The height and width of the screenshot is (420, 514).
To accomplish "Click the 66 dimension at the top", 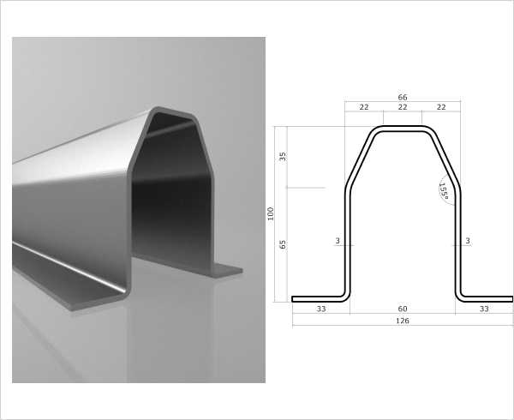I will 403,98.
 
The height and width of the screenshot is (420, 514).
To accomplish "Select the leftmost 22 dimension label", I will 364,106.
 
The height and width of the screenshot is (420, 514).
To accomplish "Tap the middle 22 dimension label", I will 403,106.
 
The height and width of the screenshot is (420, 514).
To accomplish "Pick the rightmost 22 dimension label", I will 441,106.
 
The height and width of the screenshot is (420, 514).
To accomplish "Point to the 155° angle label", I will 443,190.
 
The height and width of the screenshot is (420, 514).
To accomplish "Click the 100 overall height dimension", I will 270,214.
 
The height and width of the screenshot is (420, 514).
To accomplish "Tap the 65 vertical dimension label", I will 283,244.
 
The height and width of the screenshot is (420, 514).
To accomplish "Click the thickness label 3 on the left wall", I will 338,242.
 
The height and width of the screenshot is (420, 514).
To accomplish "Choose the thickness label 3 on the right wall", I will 467,242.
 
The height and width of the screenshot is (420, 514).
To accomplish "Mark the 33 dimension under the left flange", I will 321,308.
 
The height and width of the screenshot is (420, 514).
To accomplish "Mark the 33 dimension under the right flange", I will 484,308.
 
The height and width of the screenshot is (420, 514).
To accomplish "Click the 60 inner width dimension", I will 403,308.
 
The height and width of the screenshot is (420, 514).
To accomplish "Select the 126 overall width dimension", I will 403,321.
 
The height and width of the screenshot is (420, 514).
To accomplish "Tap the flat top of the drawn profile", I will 403,129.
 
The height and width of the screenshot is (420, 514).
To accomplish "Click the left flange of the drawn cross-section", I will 317,299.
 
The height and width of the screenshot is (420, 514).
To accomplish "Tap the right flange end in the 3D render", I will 227,271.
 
